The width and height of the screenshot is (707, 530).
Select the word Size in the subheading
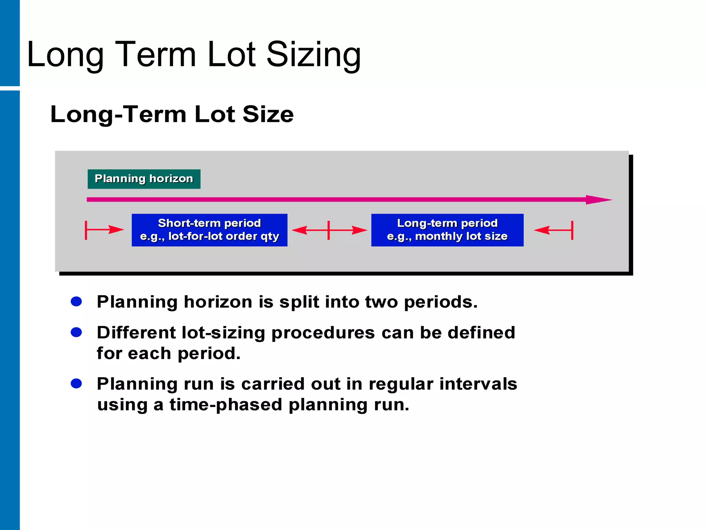tap(268, 114)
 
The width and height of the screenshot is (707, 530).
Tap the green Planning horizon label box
tap(144, 179)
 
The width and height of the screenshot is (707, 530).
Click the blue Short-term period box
tap(209, 230)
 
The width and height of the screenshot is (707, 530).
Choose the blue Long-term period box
tap(447, 230)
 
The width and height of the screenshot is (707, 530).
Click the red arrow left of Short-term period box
tap(104, 230)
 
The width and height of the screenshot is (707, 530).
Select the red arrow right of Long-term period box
tap(554, 230)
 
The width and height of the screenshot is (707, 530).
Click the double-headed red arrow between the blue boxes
tap(329, 230)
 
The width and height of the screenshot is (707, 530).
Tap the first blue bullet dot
tap(76, 302)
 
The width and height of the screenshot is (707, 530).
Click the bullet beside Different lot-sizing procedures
tap(76, 332)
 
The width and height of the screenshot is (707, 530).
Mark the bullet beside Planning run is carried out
tap(76, 383)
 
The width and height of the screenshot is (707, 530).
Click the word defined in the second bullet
tap(481, 333)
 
